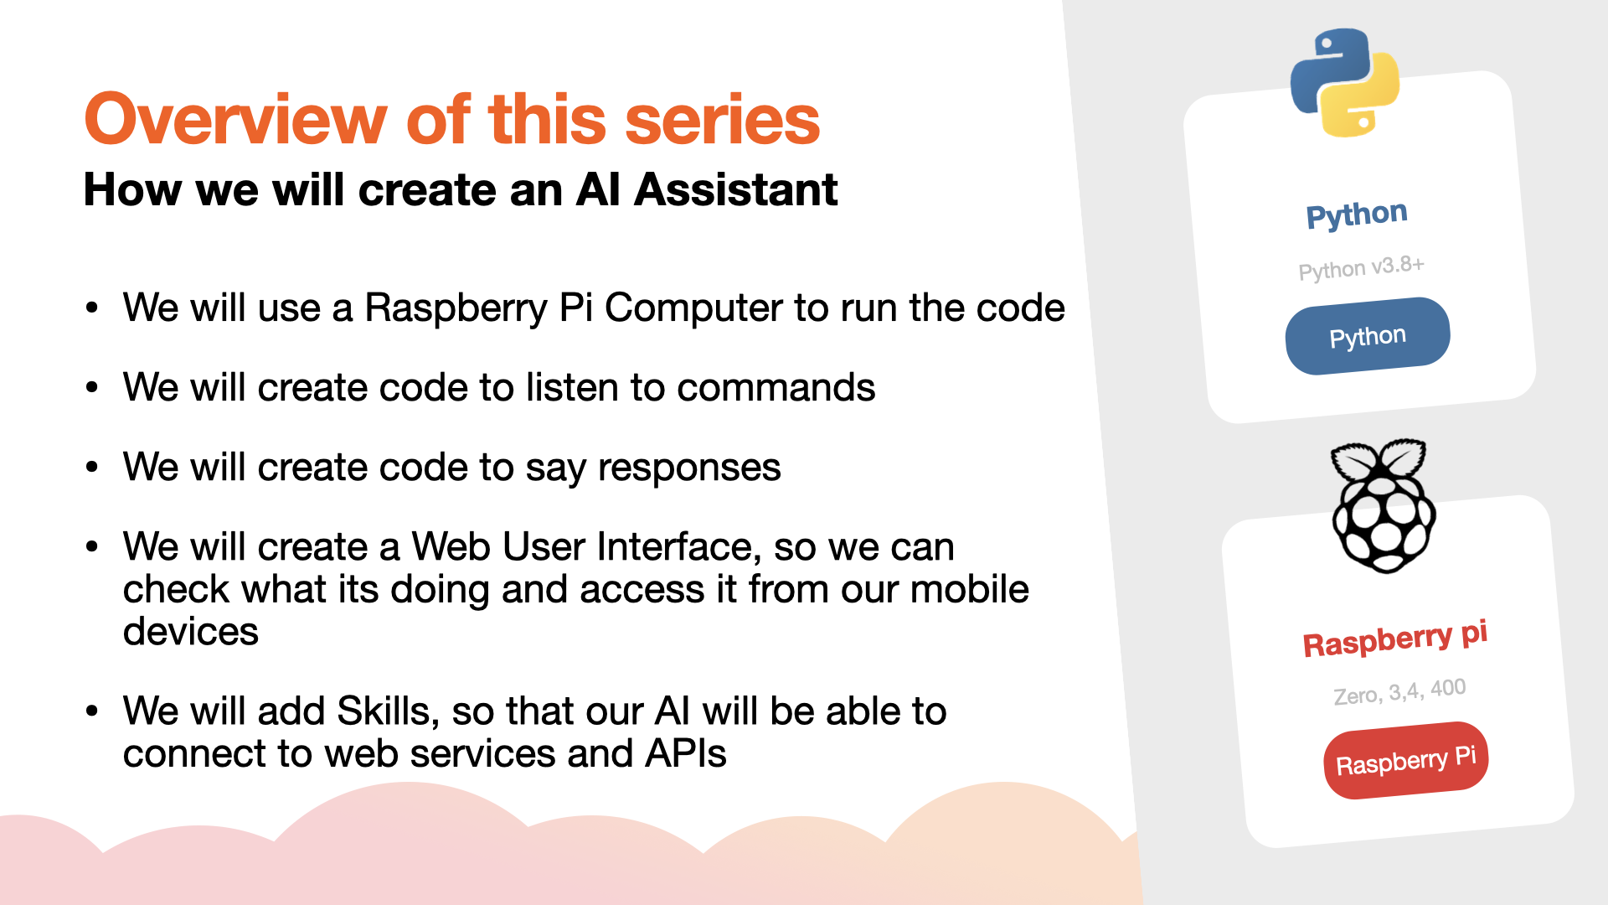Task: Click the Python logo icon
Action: [x=1344, y=82]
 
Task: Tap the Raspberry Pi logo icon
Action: [x=1384, y=505]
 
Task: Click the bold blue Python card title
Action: [x=1357, y=215]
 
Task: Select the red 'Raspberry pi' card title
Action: [x=1395, y=639]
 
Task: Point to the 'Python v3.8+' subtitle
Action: [x=1361, y=268]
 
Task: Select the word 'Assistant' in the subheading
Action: [x=736, y=189]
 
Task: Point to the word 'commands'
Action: [x=776, y=387]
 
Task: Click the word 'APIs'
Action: [x=685, y=753]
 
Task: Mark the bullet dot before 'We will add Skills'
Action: [x=92, y=711]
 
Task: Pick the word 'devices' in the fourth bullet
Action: [x=191, y=631]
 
